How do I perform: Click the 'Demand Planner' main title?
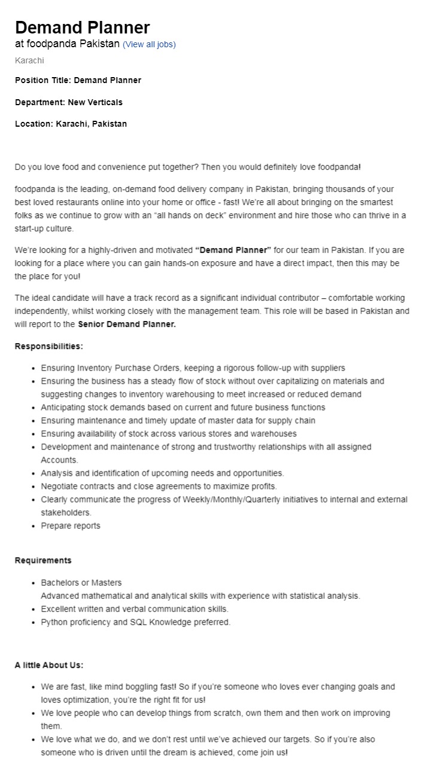coord(83,27)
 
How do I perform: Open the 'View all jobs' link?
coord(149,44)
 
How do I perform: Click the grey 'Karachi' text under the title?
coord(29,60)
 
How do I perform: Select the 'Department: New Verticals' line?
coord(69,102)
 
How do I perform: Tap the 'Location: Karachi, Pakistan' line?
coord(71,124)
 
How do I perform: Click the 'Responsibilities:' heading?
coord(49,346)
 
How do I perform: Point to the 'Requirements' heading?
coord(43,560)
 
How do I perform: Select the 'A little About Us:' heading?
coord(49,665)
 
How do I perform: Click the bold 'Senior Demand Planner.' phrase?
coord(127,324)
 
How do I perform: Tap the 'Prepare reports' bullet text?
coord(71,525)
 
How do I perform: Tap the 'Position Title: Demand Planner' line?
coord(78,80)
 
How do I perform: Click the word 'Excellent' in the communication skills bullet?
coord(59,609)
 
